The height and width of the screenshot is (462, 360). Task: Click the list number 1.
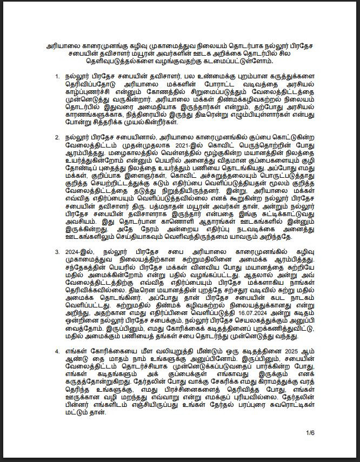click(x=58, y=77)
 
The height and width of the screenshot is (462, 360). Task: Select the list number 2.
click(x=58, y=137)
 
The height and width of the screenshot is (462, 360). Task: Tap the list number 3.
click(x=58, y=252)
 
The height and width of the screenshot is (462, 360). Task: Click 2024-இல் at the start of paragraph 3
click(x=81, y=252)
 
